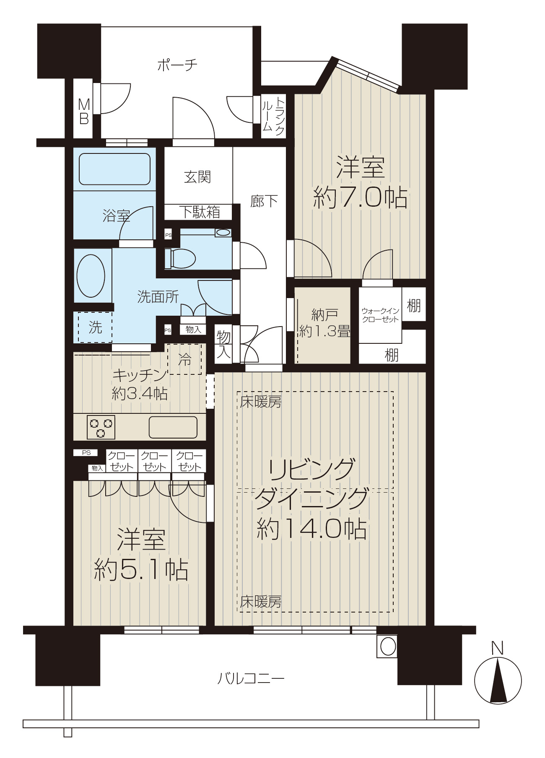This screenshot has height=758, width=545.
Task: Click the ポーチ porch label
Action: coord(177,65)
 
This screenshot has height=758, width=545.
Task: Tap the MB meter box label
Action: coord(84,111)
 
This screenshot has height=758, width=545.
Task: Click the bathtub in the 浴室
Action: coord(114,169)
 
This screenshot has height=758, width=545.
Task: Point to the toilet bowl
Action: coord(180,259)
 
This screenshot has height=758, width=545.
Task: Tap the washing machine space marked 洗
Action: coord(95,327)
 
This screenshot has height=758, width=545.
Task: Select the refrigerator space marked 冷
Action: coord(184,359)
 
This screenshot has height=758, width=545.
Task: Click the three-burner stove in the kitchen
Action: coord(101,427)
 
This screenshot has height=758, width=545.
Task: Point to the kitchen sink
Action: coord(173,427)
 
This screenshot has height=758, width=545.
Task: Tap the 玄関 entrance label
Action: coord(197,177)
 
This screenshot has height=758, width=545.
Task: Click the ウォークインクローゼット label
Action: coord(380,315)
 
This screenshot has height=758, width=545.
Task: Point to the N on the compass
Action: coord(497,648)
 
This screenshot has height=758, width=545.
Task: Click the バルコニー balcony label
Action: coord(251,678)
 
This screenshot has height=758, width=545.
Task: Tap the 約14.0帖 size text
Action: coord(311,529)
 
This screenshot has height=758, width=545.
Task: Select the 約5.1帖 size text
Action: coord(141,569)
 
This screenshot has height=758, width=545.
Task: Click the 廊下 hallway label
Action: coord(264,202)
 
